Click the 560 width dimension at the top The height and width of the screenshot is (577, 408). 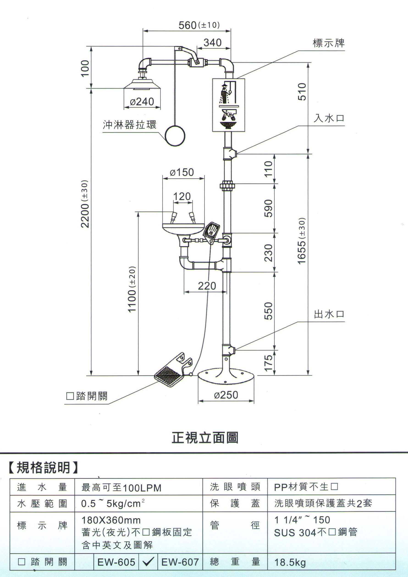click(x=187, y=25)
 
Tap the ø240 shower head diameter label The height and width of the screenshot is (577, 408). click(x=142, y=102)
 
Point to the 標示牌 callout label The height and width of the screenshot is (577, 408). click(x=329, y=43)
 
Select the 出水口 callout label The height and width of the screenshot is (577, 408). click(x=329, y=314)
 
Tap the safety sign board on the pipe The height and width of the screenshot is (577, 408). click(x=228, y=105)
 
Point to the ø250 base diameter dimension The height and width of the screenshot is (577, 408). click(x=226, y=395)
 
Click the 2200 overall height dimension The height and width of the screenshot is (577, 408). click(x=85, y=204)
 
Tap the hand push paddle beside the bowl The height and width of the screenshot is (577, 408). click(x=212, y=231)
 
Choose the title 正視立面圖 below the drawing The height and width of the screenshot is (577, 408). click(x=205, y=438)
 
